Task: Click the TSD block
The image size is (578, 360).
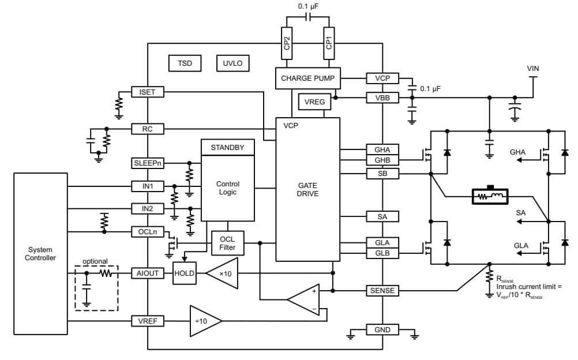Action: (x=185, y=63)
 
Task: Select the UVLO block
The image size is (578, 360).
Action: (x=232, y=63)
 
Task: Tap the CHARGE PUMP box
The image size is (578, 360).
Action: (x=307, y=78)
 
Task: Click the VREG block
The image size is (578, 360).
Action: (x=314, y=102)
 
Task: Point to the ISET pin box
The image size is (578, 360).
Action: (x=148, y=92)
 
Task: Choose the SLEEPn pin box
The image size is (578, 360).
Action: (x=148, y=163)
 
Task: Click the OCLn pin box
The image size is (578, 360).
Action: (x=148, y=231)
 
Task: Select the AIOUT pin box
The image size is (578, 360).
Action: (x=148, y=273)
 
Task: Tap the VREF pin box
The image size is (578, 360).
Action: (x=148, y=320)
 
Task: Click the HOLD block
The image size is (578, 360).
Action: (x=185, y=273)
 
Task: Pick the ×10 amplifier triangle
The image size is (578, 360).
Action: (x=221, y=273)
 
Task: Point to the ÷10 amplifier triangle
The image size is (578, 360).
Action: (x=202, y=320)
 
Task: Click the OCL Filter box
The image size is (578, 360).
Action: (x=227, y=243)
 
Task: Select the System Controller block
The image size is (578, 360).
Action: (x=40, y=254)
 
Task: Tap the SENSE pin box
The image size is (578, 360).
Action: (x=382, y=291)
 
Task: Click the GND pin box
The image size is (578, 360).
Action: (x=382, y=329)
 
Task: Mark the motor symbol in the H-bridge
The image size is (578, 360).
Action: (x=490, y=197)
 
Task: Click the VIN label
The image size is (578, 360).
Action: (x=533, y=69)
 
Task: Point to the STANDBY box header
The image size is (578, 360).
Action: (x=227, y=148)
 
